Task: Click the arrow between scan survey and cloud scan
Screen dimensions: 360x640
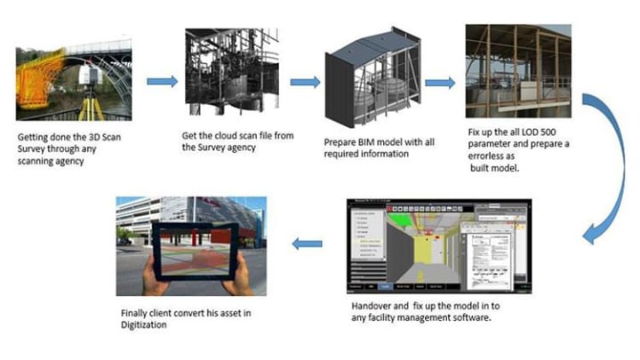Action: (x=161, y=82)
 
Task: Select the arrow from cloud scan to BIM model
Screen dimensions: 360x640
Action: (x=304, y=82)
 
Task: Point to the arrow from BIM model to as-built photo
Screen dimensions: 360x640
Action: (x=439, y=83)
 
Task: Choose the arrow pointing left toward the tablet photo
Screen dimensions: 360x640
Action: (x=308, y=243)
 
